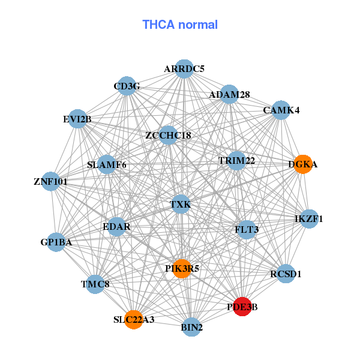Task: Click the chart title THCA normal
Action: click(x=180, y=25)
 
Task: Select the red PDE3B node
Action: click(x=242, y=307)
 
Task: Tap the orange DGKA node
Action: click(x=303, y=164)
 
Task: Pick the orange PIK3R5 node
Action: click(x=182, y=268)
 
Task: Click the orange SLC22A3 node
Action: click(x=134, y=319)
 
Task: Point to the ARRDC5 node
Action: click(x=184, y=69)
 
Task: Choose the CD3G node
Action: click(x=127, y=86)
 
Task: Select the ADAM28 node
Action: click(x=229, y=94)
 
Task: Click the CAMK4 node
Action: click(x=281, y=110)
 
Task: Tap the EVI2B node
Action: click(x=77, y=119)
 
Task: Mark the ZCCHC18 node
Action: click(x=168, y=136)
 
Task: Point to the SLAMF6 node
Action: click(x=107, y=164)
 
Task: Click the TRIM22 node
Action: click(x=236, y=160)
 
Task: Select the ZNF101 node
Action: click(x=50, y=181)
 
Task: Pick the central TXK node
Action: click(x=180, y=205)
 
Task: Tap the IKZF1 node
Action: click(x=308, y=219)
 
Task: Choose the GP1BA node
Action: click(x=56, y=242)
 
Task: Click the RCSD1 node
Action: click(x=286, y=274)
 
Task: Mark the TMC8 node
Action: click(x=95, y=284)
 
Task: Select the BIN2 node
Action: click(x=192, y=327)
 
